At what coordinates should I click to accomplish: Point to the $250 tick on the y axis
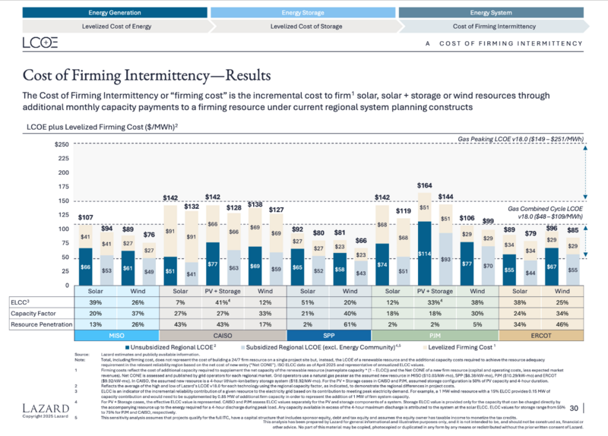point(62,144)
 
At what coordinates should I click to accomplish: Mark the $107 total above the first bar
point(85,217)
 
